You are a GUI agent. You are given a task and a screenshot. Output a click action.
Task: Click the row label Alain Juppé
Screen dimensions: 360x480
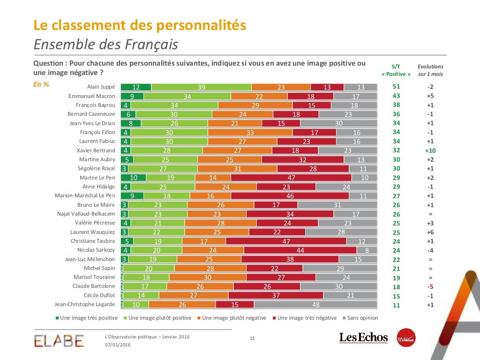coord(101,87)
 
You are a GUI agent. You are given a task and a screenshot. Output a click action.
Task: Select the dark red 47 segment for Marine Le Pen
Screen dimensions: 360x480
coord(291,178)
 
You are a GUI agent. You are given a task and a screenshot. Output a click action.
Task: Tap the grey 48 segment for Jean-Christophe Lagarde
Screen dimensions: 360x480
coord(315,305)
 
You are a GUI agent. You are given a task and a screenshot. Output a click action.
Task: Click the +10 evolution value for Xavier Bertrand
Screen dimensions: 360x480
coord(430,150)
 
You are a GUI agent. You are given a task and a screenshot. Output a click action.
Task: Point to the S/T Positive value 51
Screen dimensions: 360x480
coord(396,87)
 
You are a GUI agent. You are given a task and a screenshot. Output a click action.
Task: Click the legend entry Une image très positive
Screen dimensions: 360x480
coord(87,318)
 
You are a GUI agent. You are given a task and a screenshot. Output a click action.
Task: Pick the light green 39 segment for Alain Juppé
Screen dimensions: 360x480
coord(202,87)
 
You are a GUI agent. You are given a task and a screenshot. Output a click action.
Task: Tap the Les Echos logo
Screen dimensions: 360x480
coord(363,337)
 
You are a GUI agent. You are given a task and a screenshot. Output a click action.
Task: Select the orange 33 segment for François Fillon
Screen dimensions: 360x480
coord(250,132)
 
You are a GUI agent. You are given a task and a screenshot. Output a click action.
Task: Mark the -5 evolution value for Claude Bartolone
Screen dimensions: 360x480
coord(430,286)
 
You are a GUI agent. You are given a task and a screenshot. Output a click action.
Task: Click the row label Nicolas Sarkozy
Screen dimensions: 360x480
coord(96,250)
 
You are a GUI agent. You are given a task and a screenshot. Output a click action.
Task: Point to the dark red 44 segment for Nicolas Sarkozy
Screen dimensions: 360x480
coord(300,250)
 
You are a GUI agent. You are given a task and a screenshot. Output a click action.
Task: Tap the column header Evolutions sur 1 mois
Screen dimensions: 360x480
coord(430,70)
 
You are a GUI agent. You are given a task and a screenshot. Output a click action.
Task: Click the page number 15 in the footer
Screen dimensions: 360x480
coord(252,338)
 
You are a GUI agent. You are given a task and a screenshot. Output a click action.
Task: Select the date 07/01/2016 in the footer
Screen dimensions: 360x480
coord(117,345)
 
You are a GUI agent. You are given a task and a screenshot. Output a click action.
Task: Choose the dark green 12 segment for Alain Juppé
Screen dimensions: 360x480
coord(136,87)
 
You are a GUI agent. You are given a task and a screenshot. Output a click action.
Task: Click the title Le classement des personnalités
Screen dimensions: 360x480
coord(140,25)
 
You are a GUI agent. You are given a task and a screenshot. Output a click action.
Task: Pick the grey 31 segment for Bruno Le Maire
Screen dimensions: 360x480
coord(337,205)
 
